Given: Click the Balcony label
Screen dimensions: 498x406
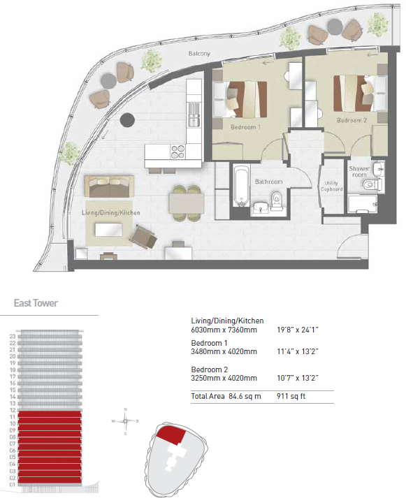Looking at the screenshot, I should tap(199, 54).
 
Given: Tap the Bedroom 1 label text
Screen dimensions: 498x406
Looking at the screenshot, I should tap(245, 128).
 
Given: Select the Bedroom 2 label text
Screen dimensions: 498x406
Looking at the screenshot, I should tap(351, 120).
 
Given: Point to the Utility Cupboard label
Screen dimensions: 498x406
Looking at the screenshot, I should tap(332, 186).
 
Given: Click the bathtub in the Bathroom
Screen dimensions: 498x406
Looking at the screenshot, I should tap(241, 183).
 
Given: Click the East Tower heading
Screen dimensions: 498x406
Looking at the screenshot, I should tap(36, 303).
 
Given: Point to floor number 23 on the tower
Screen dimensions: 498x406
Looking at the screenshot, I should tap(12, 337).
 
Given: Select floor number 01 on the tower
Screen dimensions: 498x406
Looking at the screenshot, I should tap(12, 483).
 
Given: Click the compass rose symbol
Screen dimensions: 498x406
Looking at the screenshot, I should tap(125, 421).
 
